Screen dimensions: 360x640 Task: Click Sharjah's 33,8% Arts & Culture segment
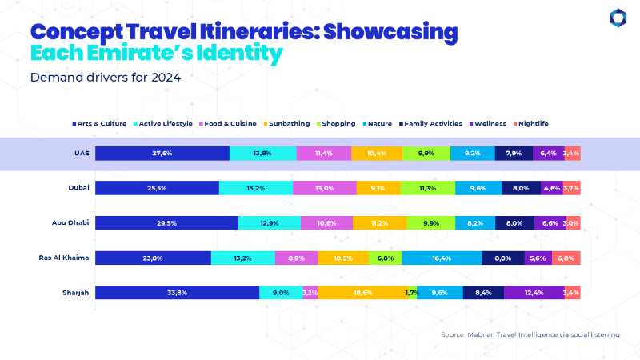click(177, 293)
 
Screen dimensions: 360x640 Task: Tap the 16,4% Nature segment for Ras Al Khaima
click(442, 258)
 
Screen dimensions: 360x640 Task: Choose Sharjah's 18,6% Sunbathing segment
click(362, 293)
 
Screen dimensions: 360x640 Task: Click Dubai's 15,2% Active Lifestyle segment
click(255, 188)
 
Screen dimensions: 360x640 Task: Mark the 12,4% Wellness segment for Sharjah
click(534, 293)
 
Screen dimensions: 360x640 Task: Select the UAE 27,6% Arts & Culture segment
click(162, 153)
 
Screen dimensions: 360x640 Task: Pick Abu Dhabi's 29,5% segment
click(166, 223)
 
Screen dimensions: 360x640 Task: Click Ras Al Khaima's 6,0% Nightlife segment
click(565, 258)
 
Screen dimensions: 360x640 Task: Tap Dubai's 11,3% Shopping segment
click(428, 188)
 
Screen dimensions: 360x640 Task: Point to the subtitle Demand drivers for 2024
click(106, 78)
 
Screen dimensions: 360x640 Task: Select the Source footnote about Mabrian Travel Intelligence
click(530, 334)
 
